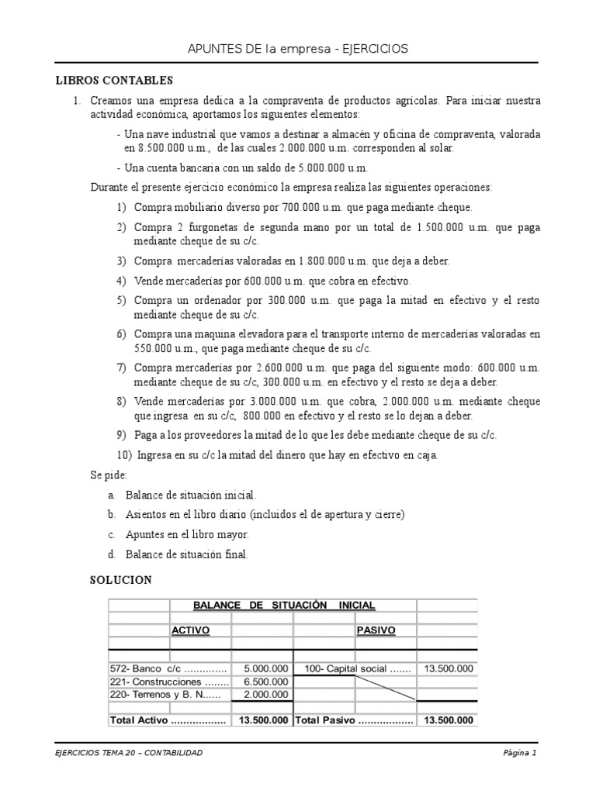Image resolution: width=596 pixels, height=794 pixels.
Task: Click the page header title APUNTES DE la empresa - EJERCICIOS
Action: click(x=298, y=50)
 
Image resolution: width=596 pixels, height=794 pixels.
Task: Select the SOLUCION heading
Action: click(x=120, y=580)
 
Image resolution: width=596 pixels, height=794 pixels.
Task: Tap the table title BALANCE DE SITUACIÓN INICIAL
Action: click(x=283, y=605)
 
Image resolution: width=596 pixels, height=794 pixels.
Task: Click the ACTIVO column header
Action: click(x=190, y=630)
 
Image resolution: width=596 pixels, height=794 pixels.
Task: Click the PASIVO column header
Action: click(x=376, y=630)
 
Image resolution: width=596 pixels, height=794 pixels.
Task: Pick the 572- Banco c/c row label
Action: click(x=168, y=668)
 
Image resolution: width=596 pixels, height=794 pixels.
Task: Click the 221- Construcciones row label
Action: click(x=169, y=682)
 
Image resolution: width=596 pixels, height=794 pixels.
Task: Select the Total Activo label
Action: click(x=168, y=720)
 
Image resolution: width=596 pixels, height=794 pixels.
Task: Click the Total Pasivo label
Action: click(x=353, y=720)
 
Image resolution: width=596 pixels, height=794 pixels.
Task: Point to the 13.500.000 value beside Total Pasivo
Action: click(x=446, y=720)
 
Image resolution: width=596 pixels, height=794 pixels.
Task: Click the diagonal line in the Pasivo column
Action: click(x=386, y=688)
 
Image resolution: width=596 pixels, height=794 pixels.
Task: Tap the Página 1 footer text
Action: click(x=518, y=753)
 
